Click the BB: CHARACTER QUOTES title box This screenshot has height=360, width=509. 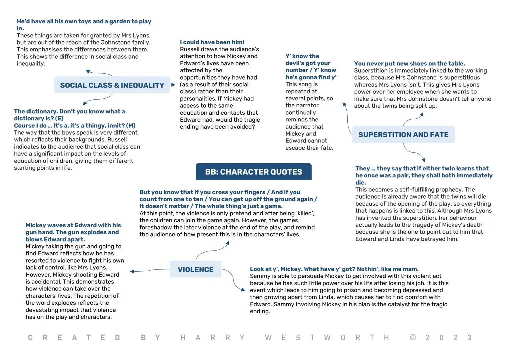(254, 172)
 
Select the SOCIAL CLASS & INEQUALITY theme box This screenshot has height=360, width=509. (112, 85)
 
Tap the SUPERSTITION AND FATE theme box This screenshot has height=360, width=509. (403, 135)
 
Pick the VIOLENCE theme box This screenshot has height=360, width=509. (196, 269)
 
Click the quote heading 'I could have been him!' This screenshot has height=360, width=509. (212, 42)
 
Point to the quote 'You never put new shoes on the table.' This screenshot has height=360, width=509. (409, 63)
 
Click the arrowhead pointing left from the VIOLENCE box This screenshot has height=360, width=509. (132, 271)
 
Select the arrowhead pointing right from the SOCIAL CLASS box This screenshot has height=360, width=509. (173, 85)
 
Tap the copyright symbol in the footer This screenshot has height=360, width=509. (413, 338)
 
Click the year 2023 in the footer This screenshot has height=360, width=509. (448, 338)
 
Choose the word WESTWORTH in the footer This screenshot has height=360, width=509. (327, 338)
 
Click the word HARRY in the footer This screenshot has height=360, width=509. (212, 338)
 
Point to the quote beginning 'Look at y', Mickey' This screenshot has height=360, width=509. (334, 269)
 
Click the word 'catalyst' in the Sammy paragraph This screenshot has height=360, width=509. (400, 304)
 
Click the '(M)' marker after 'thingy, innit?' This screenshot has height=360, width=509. (131, 126)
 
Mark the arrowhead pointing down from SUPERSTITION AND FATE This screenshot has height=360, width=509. (423, 160)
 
